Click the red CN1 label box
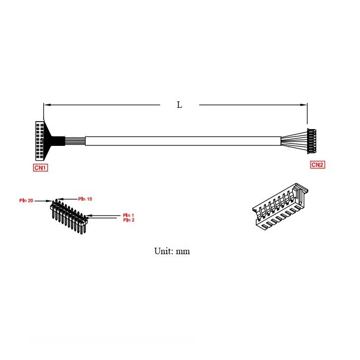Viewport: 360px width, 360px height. point(41,168)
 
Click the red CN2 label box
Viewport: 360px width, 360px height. point(317,165)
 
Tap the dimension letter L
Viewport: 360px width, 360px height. point(180,105)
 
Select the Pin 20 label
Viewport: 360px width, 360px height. point(26,200)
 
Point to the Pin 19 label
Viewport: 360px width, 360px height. point(85,199)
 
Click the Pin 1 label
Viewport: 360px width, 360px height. point(129,215)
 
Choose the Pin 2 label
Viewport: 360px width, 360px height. point(129,220)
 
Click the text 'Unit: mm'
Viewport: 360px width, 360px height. point(172,251)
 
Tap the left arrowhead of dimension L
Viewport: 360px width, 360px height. point(47,105)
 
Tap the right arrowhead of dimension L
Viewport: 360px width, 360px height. point(304,105)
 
